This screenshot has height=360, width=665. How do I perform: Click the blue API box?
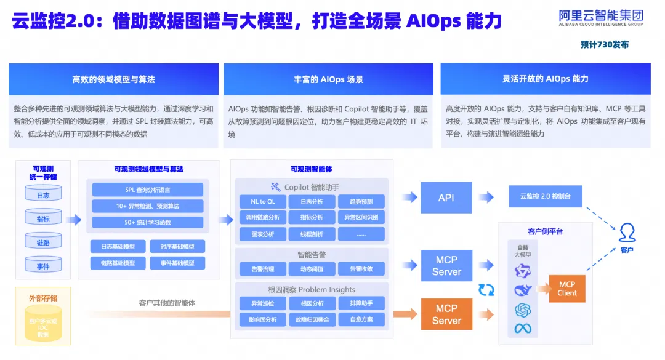click(446, 198)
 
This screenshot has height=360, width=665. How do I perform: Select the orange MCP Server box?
click(446, 314)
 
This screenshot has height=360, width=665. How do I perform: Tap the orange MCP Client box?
click(567, 289)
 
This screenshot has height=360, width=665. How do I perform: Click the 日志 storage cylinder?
click(43, 195)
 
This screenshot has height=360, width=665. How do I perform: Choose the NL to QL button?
click(262, 201)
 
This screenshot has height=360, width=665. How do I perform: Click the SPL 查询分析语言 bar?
click(147, 190)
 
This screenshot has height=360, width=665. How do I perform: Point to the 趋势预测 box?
click(361, 201)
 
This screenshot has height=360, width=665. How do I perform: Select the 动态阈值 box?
click(312, 268)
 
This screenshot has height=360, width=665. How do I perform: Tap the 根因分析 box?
click(312, 303)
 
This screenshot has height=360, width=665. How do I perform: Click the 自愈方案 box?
click(361, 319)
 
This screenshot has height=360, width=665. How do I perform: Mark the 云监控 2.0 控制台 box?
click(546, 196)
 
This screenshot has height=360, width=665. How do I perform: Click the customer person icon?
click(627, 233)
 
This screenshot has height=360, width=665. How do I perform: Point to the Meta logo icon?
click(523, 328)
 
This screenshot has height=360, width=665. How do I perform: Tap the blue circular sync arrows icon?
click(486, 289)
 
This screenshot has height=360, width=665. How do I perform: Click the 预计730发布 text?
click(604, 45)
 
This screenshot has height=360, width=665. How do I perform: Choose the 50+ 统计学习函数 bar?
click(147, 222)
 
